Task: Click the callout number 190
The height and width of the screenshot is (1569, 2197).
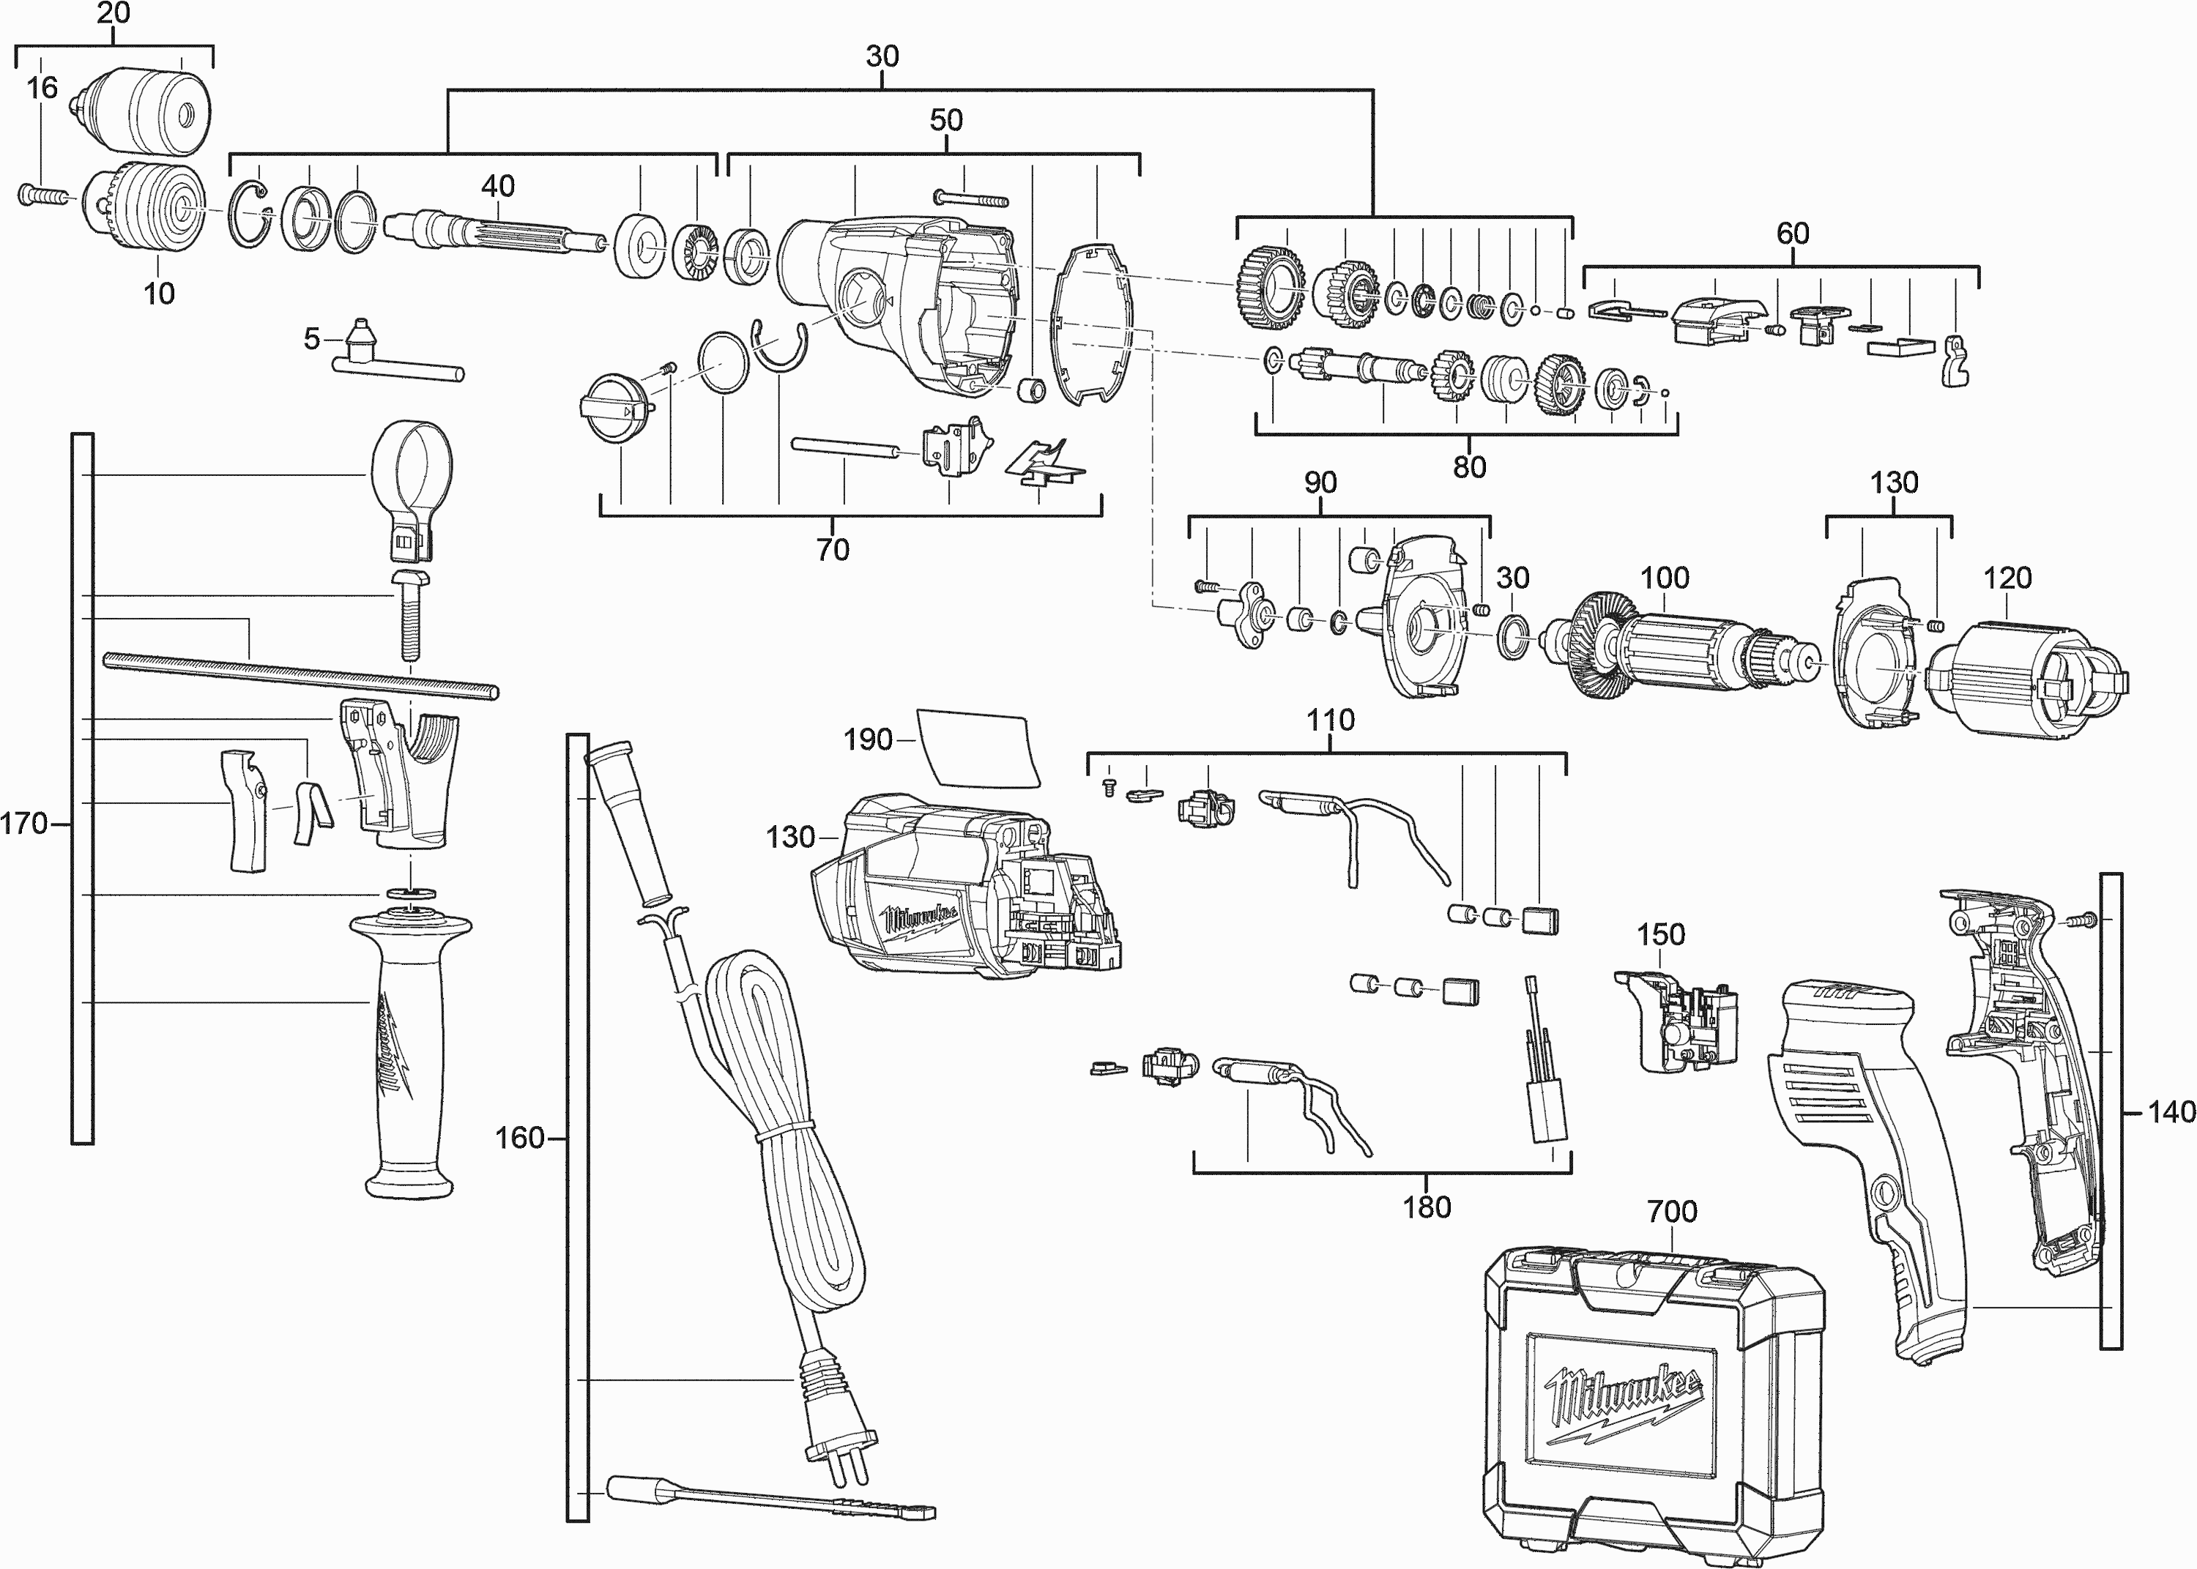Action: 866,740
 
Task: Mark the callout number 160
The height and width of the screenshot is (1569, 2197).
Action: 520,1138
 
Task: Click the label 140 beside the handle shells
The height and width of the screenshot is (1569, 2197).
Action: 2171,1112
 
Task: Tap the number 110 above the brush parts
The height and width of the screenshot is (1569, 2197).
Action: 1331,720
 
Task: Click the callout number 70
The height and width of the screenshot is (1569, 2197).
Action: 832,549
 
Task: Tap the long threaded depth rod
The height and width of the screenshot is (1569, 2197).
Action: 300,674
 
